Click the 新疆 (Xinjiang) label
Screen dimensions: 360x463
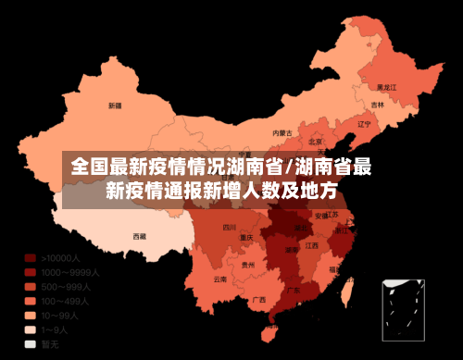(x=115, y=106)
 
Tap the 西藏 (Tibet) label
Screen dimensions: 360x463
(x=140, y=236)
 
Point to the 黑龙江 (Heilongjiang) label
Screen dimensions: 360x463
(x=387, y=86)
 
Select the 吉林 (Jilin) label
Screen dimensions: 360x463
(x=378, y=105)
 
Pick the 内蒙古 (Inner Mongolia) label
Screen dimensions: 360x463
(x=282, y=132)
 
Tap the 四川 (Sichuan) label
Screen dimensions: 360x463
(x=230, y=227)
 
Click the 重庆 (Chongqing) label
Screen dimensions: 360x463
(x=246, y=238)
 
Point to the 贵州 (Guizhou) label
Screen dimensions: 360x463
(x=247, y=265)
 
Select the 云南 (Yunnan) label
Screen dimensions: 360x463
(x=219, y=279)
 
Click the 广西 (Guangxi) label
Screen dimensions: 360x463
(x=259, y=300)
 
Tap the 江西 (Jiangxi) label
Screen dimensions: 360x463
(x=312, y=246)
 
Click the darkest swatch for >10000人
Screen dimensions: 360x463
(x=30, y=258)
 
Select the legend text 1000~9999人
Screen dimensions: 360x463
(x=70, y=272)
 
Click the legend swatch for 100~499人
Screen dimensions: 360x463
(x=30, y=301)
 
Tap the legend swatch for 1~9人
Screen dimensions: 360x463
(x=30, y=329)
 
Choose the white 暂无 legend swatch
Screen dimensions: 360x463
(x=30, y=343)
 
